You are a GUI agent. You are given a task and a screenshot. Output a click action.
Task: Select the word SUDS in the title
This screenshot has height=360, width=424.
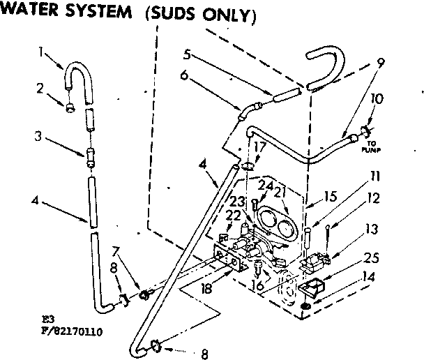pos(175,15)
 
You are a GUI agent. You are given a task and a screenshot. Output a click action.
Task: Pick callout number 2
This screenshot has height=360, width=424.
pos(40,89)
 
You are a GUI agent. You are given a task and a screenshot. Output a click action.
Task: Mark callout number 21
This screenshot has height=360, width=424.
pos(281,191)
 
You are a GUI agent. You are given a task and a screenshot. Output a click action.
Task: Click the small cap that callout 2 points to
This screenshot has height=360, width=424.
pos(70,108)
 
